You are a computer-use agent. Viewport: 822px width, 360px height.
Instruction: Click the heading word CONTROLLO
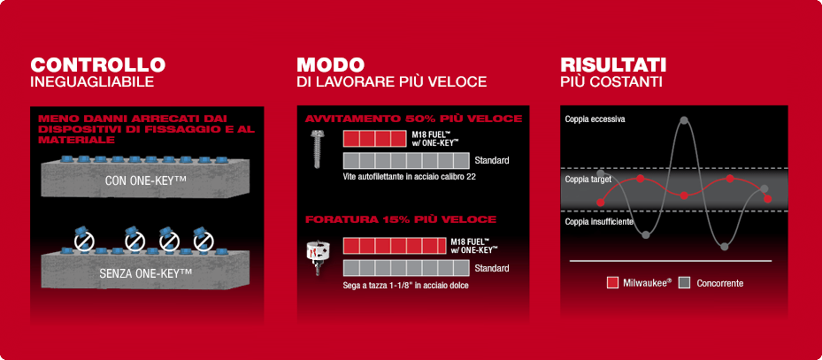(98, 65)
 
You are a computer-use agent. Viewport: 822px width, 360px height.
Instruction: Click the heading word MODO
(330, 65)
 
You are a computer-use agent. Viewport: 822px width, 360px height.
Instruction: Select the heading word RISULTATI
(613, 65)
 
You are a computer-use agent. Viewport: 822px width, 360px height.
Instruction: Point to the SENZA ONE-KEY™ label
(145, 272)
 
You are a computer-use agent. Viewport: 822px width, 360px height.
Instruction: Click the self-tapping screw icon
(316, 149)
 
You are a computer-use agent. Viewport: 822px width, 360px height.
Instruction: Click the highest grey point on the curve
(684, 120)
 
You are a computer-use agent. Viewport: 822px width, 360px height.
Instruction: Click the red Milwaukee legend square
(612, 283)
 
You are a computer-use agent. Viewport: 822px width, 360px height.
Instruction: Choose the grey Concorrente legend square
(684, 283)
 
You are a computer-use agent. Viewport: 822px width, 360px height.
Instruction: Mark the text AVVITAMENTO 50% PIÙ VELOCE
(413, 119)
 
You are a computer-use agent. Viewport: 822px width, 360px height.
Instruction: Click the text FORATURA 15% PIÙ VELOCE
(401, 219)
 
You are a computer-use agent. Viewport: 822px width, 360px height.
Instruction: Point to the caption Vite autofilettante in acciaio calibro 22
(409, 177)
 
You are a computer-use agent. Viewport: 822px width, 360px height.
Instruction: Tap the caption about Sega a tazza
(405, 286)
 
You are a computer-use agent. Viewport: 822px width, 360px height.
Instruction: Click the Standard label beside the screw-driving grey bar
(492, 160)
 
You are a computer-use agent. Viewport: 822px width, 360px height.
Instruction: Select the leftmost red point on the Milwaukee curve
(601, 203)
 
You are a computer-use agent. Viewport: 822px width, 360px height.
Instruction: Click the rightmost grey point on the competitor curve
(764, 188)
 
